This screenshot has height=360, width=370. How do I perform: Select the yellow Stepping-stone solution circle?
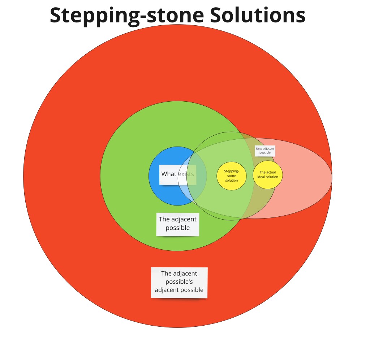coord(232,175)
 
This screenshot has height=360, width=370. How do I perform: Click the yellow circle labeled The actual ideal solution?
coord(268,174)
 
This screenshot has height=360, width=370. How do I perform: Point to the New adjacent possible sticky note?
coord(265,151)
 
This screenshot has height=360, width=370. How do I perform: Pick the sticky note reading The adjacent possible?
coord(178,224)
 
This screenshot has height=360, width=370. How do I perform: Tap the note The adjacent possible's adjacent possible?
coord(179,282)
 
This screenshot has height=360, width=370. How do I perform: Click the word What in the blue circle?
coord(169,174)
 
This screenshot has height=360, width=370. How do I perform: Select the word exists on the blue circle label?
coord(186,174)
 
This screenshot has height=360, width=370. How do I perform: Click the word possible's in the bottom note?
coord(179,282)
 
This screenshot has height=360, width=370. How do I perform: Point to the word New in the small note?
coord(259,149)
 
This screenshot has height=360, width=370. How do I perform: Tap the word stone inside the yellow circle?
coord(232,175)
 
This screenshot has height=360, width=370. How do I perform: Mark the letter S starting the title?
coord(55,15)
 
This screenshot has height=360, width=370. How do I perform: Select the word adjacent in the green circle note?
coord(184,219)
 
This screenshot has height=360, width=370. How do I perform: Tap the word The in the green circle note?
coord(164,219)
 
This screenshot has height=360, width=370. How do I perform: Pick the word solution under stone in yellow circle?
coord(232,180)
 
